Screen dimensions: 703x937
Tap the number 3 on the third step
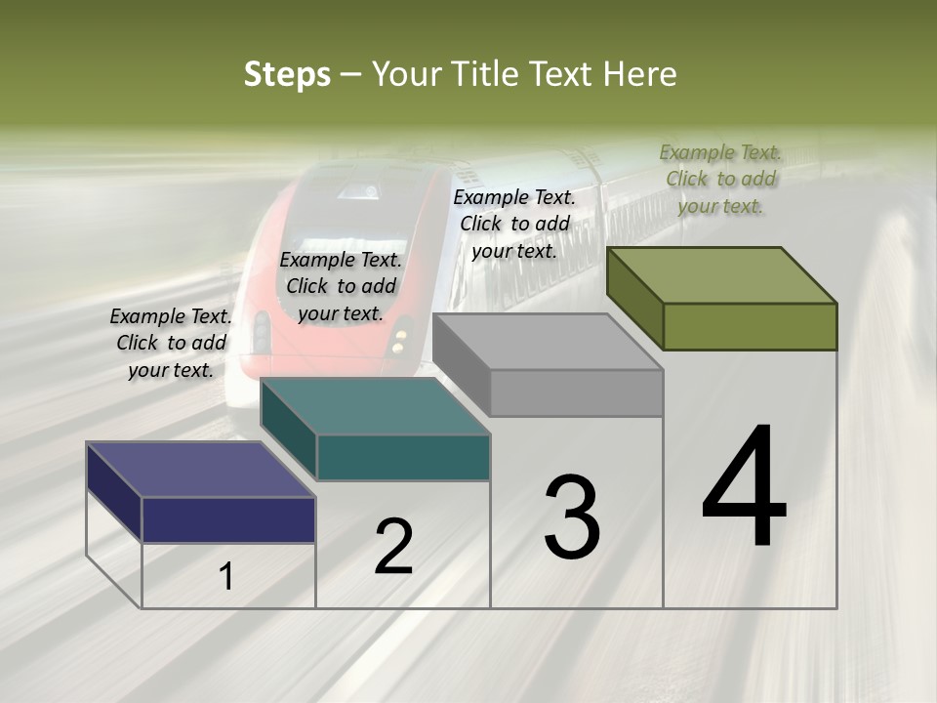(571, 517)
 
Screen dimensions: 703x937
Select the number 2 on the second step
(393, 547)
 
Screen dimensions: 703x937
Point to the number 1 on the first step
(226, 577)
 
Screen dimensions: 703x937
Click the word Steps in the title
(287, 74)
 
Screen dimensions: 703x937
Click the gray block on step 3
(576, 393)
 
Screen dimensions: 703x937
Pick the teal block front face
(403, 457)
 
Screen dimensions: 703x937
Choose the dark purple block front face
(228, 519)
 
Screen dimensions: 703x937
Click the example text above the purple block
(171, 343)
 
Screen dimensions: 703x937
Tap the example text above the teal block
(341, 286)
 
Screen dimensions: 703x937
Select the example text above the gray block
(514, 224)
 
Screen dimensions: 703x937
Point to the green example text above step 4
(720, 179)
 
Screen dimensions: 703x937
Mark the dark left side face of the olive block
(634, 298)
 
